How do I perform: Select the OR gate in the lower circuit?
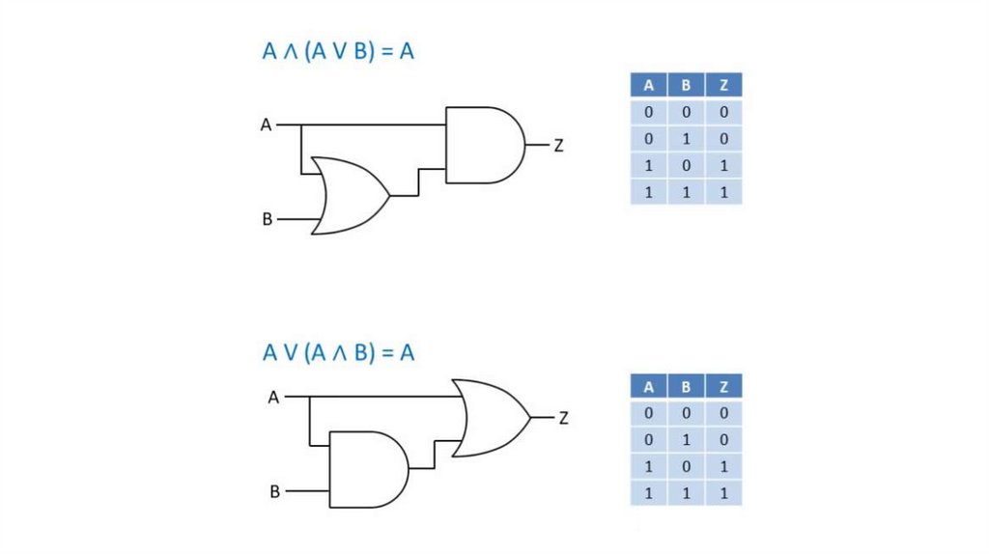tap(494, 418)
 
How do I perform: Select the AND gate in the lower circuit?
tap(368, 469)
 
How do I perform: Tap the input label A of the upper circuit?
tap(266, 125)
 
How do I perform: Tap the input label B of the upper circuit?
tap(268, 219)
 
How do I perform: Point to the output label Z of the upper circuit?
tap(558, 146)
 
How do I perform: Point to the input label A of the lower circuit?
tap(273, 397)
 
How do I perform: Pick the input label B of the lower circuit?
tap(274, 492)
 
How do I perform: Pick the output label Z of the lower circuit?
tap(564, 418)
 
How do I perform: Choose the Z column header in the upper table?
tap(723, 85)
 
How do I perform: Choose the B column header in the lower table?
tap(686, 387)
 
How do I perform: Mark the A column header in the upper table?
tap(649, 85)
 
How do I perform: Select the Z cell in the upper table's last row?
tap(723, 192)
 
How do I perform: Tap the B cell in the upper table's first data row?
tap(686, 112)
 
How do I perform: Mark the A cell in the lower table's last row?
tap(649, 493)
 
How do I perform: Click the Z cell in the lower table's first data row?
tap(723, 413)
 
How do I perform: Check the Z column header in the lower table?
tap(723, 387)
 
